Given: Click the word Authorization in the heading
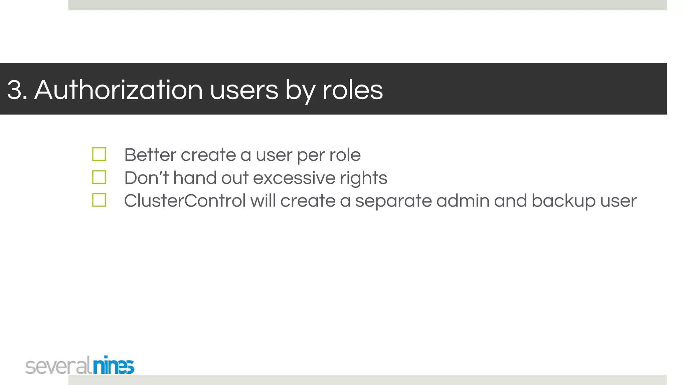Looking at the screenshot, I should click(119, 90).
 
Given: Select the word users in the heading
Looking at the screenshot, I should click(244, 90).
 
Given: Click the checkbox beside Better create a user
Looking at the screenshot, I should click(99, 154).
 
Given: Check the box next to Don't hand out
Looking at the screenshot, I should click(99, 177).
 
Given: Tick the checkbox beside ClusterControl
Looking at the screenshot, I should click(99, 200).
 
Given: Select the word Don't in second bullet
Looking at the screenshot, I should click(146, 178).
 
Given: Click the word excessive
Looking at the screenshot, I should click(294, 178).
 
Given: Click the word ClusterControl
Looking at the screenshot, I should click(185, 201).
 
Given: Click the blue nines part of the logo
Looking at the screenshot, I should click(114, 366).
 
